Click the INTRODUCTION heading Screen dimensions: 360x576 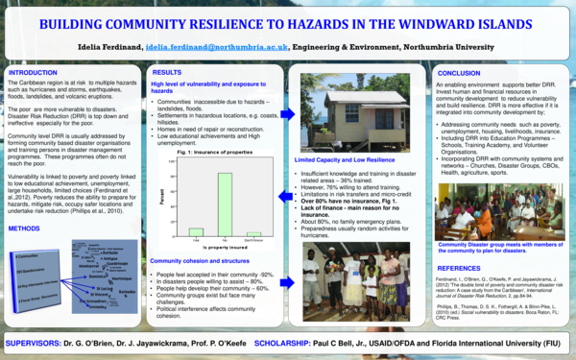[33, 73]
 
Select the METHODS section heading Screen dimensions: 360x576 [24, 229]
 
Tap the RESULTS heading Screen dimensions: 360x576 [168, 73]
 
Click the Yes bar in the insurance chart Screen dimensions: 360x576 [196, 230]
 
